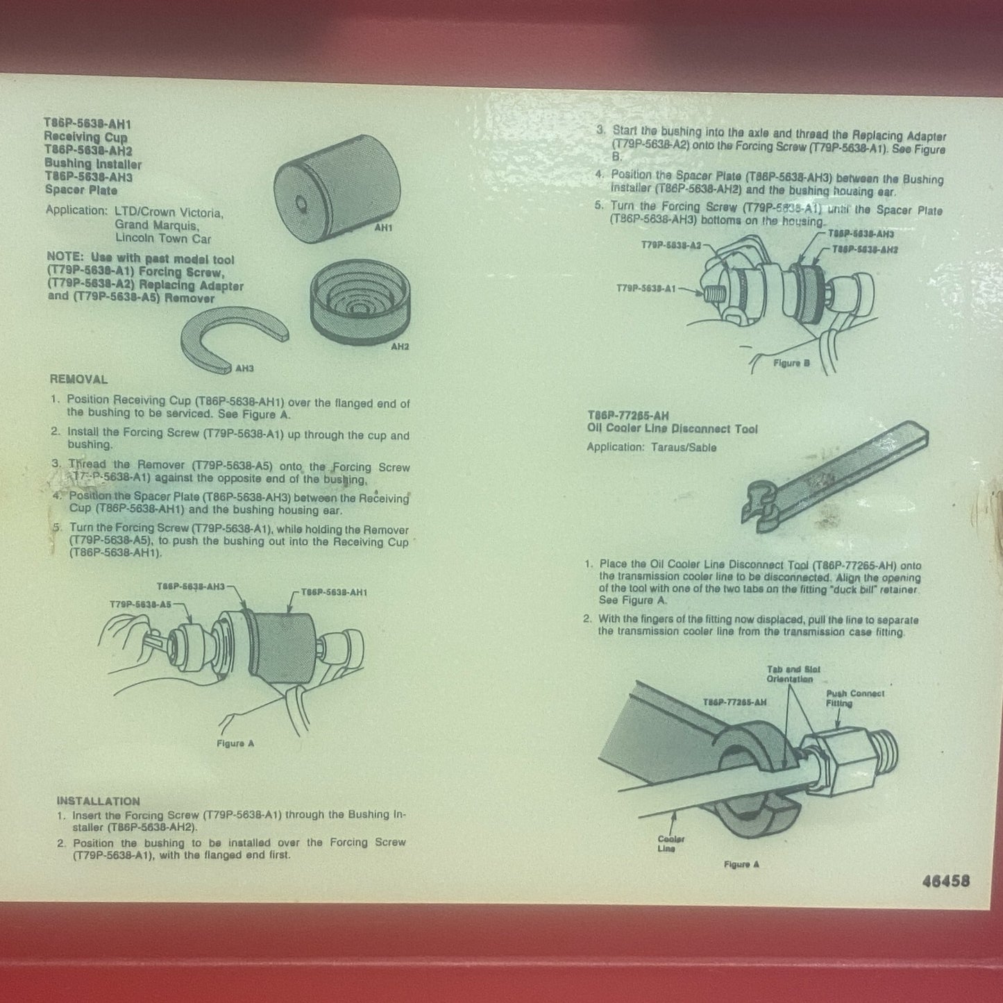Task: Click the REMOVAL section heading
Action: point(78,380)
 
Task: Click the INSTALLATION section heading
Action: point(98,800)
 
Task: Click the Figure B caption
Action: point(791,363)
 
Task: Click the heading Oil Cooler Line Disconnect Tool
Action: point(672,429)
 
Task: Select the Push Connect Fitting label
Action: point(854,698)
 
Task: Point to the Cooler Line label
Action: point(671,844)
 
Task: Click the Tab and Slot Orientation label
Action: point(793,674)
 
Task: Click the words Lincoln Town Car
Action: point(163,238)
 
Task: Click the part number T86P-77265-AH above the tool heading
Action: point(628,416)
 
